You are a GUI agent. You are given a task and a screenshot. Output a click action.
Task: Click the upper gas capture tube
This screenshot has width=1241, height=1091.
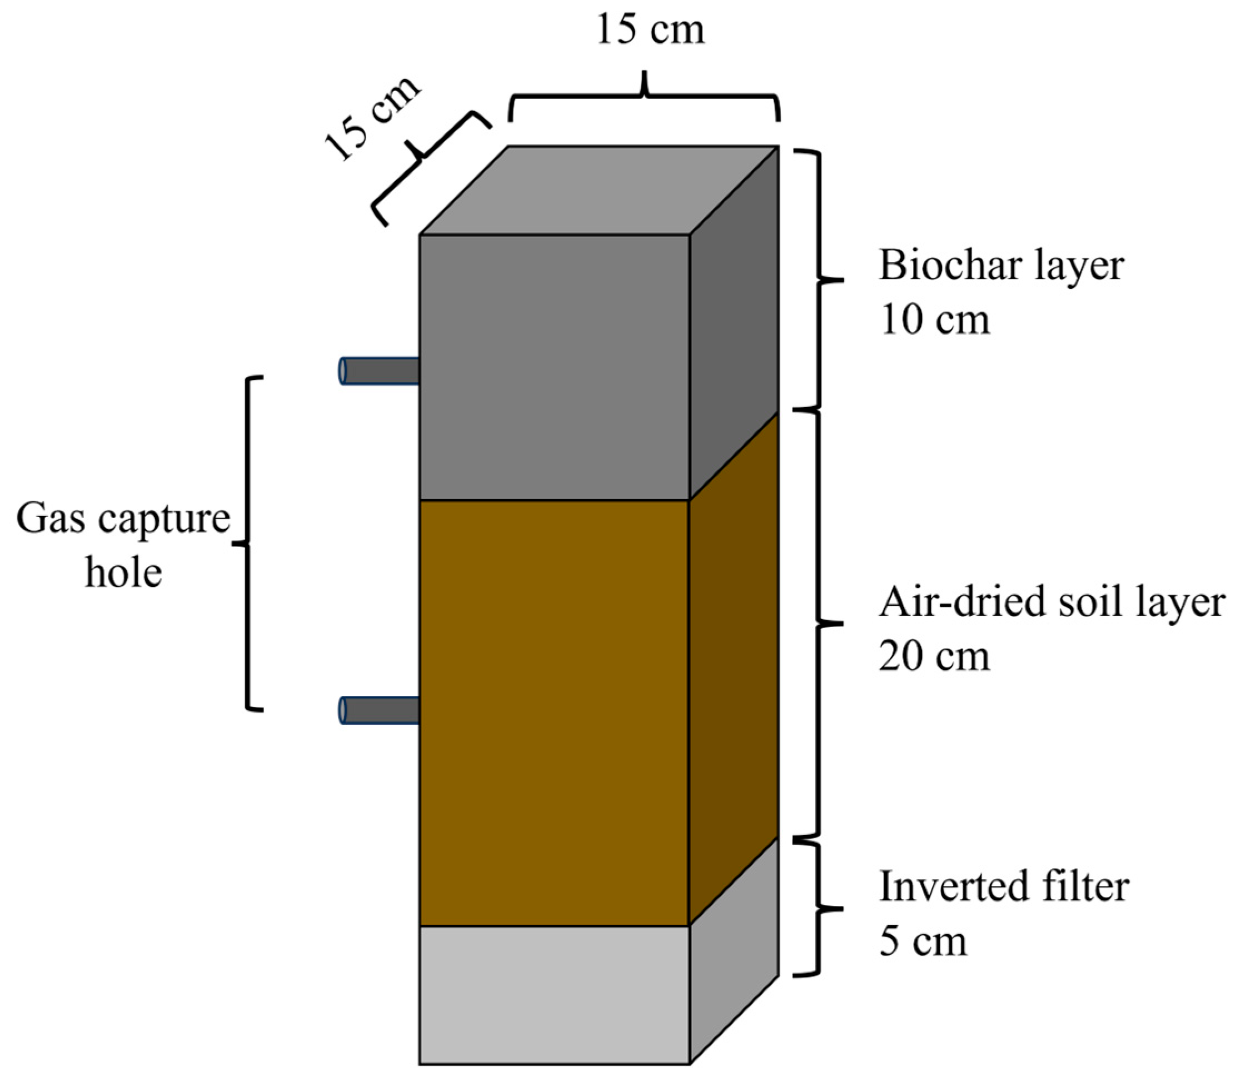click(380, 371)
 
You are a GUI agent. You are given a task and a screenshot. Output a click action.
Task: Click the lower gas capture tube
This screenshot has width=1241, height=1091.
click(380, 710)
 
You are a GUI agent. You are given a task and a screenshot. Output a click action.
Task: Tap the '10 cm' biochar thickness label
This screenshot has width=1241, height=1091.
click(934, 320)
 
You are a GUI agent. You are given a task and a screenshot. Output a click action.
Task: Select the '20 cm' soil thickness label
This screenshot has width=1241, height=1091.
click(934, 656)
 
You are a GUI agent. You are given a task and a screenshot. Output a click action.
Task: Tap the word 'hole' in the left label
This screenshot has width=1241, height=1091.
click(123, 572)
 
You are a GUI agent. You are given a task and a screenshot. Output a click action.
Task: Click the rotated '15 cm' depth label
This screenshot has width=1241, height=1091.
click(372, 119)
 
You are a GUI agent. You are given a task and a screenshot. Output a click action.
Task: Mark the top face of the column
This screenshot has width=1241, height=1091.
click(598, 190)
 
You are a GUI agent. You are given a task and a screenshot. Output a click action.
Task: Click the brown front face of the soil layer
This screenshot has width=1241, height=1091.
click(554, 711)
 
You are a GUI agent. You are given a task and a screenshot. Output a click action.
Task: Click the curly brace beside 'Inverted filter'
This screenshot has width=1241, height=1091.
click(820, 909)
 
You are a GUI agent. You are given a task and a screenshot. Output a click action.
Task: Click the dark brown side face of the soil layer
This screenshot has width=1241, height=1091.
click(734, 668)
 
